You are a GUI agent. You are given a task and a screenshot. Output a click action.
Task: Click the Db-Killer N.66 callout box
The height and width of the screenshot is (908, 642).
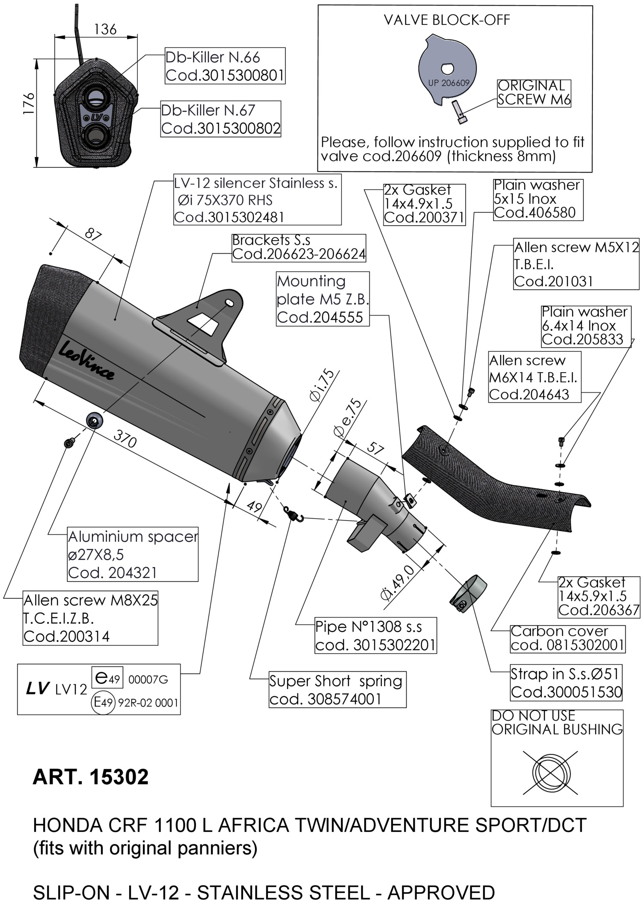click(x=225, y=66)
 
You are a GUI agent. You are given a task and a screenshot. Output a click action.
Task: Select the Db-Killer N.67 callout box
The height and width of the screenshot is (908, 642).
click(x=220, y=119)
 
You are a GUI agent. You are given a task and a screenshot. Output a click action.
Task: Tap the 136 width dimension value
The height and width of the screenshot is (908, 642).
click(x=105, y=29)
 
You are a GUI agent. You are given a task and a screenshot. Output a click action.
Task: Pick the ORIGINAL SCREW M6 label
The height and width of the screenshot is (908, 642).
click(x=534, y=92)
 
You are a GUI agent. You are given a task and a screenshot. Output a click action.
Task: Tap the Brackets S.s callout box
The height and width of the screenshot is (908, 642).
click(x=299, y=247)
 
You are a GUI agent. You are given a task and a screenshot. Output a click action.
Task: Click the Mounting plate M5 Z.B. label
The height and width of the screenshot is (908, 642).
click(x=322, y=299)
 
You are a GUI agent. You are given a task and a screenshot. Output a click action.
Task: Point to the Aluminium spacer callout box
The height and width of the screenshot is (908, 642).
click(x=133, y=554)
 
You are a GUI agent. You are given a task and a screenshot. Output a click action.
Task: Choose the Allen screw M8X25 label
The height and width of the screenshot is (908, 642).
click(x=90, y=618)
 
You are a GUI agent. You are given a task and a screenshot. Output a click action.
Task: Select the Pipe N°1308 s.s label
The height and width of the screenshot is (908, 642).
click(x=375, y=635)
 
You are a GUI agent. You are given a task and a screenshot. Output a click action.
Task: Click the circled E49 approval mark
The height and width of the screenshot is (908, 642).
click(x=103, y=702)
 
